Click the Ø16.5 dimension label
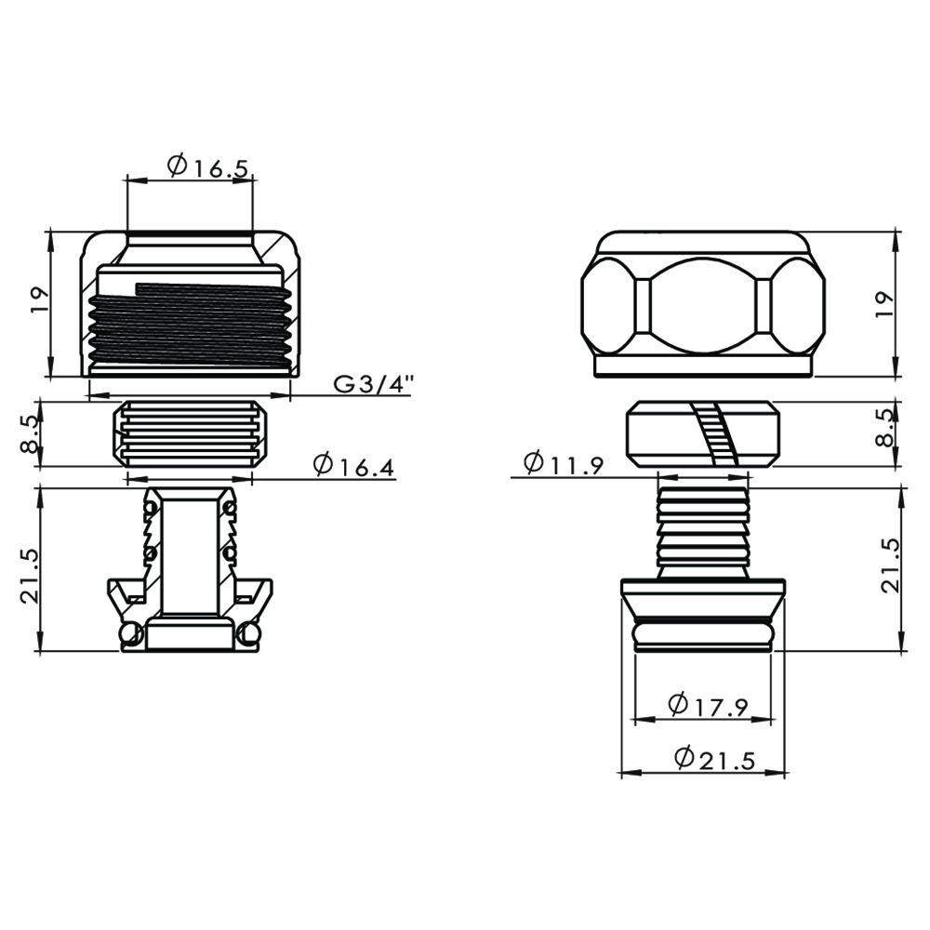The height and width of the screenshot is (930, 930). [x=207, y=166]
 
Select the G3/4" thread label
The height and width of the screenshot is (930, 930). [x=373, y=384]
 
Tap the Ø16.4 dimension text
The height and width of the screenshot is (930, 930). [x=353, y=466]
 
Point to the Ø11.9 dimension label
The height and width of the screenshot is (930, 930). [x=564, y=463]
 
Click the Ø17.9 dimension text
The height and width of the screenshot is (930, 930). [x=708, y=705]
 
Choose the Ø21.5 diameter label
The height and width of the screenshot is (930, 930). [x=715, y=759]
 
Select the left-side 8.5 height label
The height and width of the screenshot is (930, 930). [x=29, y=434]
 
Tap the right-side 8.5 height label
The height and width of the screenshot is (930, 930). [x=885, y=427]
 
